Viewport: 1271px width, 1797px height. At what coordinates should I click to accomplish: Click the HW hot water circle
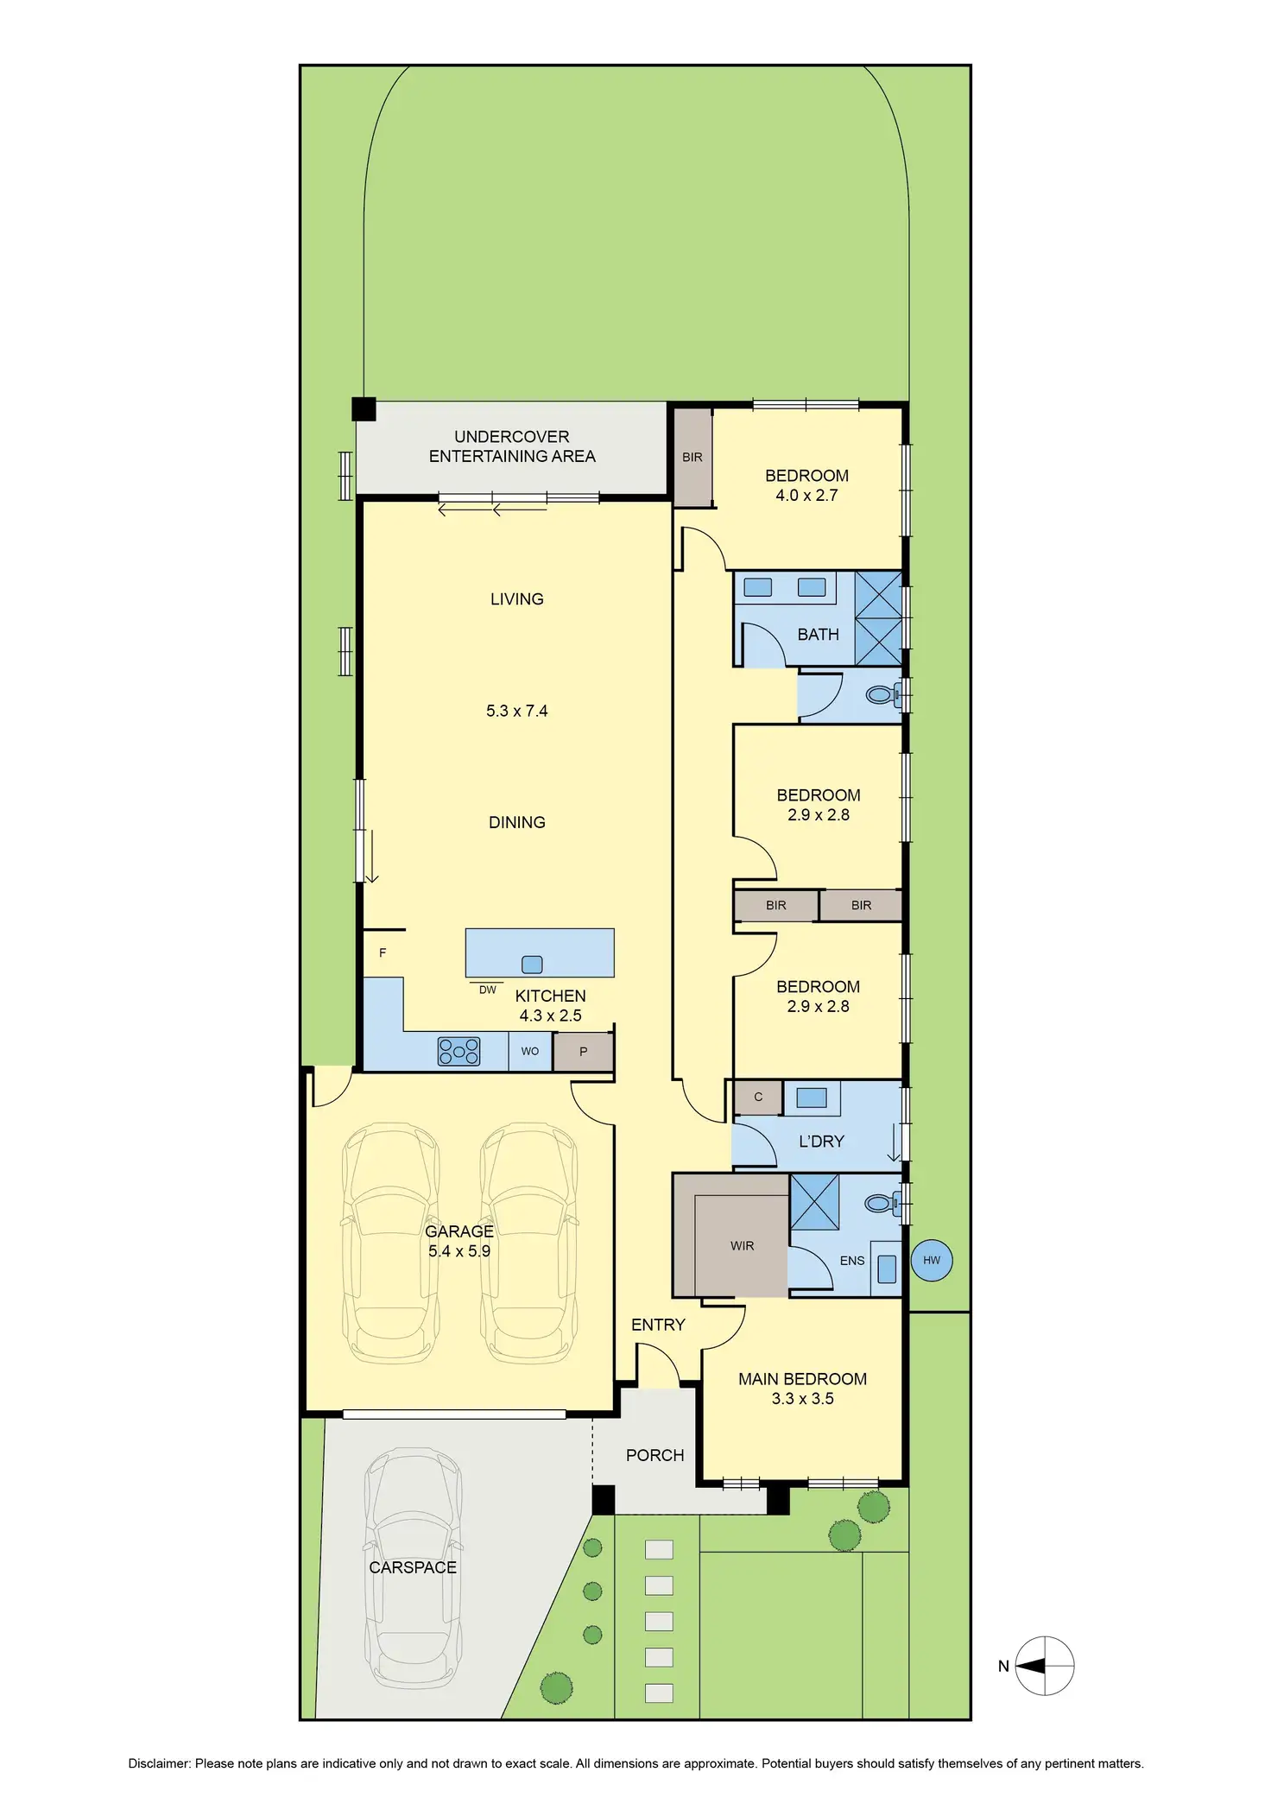coord(931,1260)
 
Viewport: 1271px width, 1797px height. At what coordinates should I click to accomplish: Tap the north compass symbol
coord(1044,1666)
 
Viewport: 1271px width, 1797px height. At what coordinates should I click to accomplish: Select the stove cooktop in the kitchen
coord(458,1051)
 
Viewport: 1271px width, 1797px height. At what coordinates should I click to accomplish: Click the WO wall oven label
coord(529,1051)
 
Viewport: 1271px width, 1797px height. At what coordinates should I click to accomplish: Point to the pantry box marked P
coord(583,1052)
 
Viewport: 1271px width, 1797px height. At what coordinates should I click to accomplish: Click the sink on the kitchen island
coord(532,965)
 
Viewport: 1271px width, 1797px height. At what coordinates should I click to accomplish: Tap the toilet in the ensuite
coord(880,1203)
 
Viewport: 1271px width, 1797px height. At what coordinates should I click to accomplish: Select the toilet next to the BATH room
coord(880,694)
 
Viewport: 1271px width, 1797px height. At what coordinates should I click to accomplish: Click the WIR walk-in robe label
coord(742,1245)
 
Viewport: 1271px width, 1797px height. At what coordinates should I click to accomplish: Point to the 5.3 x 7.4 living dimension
coord(516,711)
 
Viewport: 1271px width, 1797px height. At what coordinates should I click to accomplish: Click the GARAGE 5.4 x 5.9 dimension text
coord(458,1250)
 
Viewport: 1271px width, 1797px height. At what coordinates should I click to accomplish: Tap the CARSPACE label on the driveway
coord(412,1567)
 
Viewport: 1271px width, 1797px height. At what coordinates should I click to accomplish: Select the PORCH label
coord(654,1455)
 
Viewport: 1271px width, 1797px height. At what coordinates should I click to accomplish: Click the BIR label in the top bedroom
coord(692,457)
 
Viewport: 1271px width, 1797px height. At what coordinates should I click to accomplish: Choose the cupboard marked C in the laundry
coord(757,1097)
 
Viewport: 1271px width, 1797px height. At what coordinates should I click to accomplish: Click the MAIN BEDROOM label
coord(801,1379)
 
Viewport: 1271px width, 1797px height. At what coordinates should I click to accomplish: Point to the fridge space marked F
coord(382,952)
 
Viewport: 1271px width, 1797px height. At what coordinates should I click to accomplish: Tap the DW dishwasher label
coord(487,990)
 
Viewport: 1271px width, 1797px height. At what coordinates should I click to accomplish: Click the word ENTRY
coord(657,1325)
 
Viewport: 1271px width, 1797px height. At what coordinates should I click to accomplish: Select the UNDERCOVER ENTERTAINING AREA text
coord(511,446)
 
